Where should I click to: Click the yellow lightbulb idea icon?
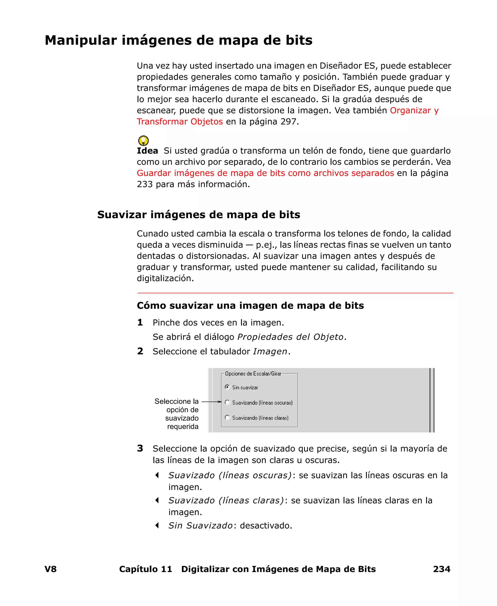[143, 141]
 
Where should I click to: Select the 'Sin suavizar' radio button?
[227, 387]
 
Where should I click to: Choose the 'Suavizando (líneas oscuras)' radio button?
[227, 402]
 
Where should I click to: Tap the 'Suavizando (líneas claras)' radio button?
[227, 417]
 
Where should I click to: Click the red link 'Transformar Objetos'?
[180, 122]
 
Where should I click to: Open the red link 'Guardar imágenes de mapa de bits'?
[265, 173]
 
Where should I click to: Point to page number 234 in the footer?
[441, 569]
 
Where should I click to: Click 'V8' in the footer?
[51, 569]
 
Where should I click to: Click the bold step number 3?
[140, 448]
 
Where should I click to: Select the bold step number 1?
[140, 323]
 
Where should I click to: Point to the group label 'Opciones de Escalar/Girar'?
[253, 374]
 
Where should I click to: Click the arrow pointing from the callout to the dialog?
[212, 402]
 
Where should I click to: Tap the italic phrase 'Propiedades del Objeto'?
[290, 337]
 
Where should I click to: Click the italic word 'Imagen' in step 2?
[270, 351]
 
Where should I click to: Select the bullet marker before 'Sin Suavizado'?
[157, 525]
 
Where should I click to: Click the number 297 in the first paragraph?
[288, 122]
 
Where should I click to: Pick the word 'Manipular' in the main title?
[81, 40]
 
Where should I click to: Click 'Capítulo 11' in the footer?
[145, 569]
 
